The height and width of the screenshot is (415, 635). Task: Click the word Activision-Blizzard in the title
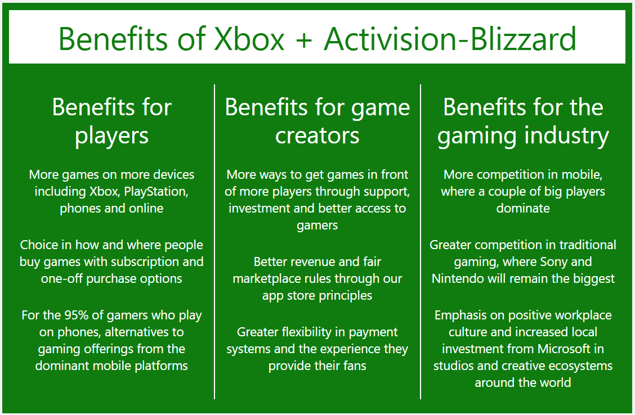pyautogui.click(x=450, y=39)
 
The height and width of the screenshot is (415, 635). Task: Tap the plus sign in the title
pyautogui.click(x=304, y=39)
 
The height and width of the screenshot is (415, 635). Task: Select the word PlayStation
pyautogui.click(x=156, y=192)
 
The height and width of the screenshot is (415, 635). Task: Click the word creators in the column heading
pyautogui.click(x=317, y=136)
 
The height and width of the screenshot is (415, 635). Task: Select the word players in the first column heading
pyautogui.click(x=112, y=136)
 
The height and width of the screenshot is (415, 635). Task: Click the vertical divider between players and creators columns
pyautogui.click(x=214, y=241)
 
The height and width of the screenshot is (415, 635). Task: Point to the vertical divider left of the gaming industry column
pyautogui.click(x=421, y=241)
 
